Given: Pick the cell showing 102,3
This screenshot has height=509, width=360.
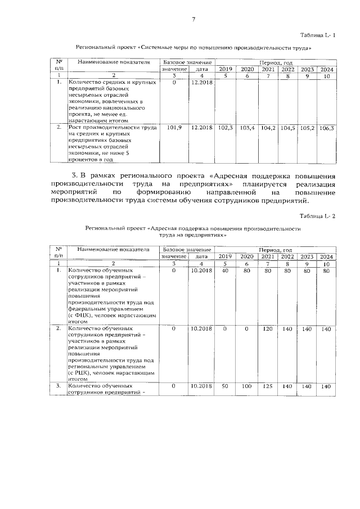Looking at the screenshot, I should [225, 128].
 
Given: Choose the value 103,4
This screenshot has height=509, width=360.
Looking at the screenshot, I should [247, 128].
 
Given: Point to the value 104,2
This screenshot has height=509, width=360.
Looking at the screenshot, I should [268, 128].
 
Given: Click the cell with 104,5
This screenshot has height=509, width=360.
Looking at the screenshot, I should [287, 128].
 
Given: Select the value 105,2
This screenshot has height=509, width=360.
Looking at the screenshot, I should [307, 128].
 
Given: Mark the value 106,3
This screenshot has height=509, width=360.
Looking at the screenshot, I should [326, 128].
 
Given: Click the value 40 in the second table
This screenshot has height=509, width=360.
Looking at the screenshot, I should [225, 271].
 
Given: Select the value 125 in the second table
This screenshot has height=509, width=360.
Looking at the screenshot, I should [268, 386].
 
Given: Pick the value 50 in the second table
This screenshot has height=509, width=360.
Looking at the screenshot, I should [225, 386].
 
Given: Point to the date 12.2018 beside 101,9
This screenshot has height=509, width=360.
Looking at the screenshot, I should [201, 128].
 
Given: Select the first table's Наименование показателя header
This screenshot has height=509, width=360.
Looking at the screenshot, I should [114, 62].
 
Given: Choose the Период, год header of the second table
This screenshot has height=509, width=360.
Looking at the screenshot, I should [276, 249].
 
